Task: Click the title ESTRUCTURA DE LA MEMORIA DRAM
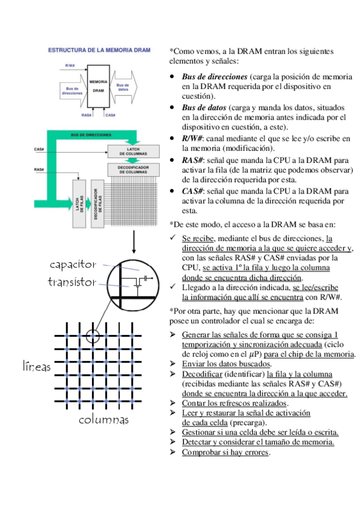(99, 50)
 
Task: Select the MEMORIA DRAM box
(99, 86)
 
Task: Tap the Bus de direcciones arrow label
(72, 91)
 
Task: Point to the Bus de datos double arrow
(123, 87)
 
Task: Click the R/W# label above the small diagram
(70, 66)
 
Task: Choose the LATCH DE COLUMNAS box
(133, 151)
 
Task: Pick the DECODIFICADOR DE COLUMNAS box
(133, 170)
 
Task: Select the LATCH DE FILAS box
(79, 204)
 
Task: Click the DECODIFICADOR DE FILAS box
(97, 204)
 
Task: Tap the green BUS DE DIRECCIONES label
(91, 135)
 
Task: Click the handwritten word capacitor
(73, 265)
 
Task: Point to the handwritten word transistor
(72, 281)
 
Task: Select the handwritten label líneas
(37, 366)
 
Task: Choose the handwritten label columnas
(103, 420)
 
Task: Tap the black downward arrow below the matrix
(133, 242)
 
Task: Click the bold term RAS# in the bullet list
(193, 161)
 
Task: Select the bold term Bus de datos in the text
(204, 108)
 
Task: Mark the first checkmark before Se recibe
(172, 238)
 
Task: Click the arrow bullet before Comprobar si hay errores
(172, 452)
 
